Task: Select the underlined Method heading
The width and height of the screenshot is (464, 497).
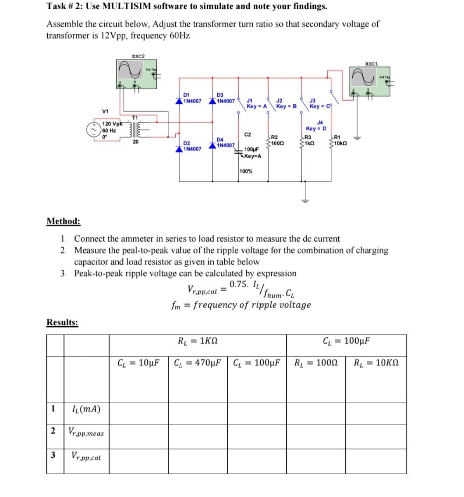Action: tap(63, 221)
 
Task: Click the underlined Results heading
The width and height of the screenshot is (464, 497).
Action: tap(62, 323)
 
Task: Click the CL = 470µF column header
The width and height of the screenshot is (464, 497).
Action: tap(197, 363)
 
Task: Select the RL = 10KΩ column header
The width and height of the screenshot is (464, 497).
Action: tap(376, 363)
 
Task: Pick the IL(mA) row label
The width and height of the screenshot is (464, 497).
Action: tap(86, 409)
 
